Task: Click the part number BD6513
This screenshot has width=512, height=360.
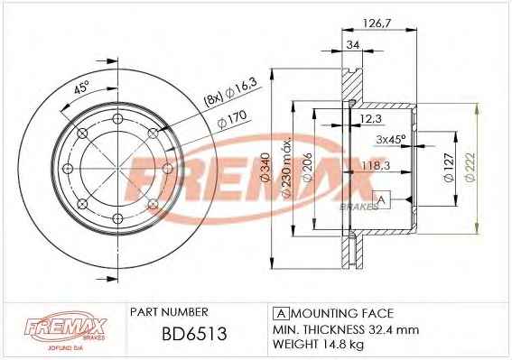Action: point(194,334)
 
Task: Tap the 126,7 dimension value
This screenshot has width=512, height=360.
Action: point(377,23)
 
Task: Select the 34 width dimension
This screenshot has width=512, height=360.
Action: point(353,44)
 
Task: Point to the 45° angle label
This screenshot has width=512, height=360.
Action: point(81,88)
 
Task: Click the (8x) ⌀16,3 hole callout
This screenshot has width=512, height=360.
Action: point(231,92)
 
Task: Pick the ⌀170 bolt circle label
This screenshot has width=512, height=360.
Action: point(232,119)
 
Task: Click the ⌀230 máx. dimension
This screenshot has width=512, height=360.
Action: point(286,168)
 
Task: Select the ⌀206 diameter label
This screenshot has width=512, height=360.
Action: point(308,167)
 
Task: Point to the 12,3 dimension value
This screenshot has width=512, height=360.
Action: point(371,118)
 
